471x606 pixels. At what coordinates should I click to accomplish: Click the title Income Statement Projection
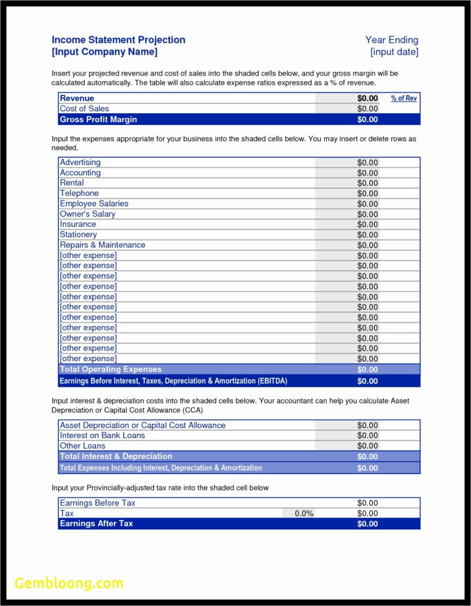click(x=118, y=40)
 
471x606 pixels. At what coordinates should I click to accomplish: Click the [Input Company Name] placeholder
click(x=104, y=52)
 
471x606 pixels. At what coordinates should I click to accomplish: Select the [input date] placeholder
click(x=394, y=52)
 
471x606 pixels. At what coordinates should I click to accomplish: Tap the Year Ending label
click(x=392, y=40)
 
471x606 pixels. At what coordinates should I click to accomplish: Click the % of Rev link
click(x=404, y=98)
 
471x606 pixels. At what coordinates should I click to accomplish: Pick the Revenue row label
click(x=77, y=98)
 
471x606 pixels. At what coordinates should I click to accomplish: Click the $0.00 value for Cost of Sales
click(x=367, y=109)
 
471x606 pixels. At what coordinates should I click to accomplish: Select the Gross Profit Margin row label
click(x=98, y=119)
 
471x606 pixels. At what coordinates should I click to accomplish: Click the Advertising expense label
click(x=80, y=162)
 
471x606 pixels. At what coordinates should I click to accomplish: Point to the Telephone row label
click(x=79, y=193)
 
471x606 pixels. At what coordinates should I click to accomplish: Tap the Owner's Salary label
click(x=87, y=214)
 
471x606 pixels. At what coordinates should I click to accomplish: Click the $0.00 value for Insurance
click(x=367, y=224)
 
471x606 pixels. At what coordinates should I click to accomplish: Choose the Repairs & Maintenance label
click(x=102, y=245)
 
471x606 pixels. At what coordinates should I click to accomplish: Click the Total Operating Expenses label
click(x=111, y=369)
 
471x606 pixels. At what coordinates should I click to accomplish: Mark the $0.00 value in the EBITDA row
click(x=367, y=381)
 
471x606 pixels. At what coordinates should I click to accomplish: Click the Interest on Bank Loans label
click(x=102, y=435)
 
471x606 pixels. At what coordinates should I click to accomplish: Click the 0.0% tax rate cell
click(x=304, y=513)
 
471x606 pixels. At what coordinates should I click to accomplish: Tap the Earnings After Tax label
click(x=96, y=524)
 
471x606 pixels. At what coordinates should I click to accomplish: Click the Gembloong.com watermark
click(x=69, y=584)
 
